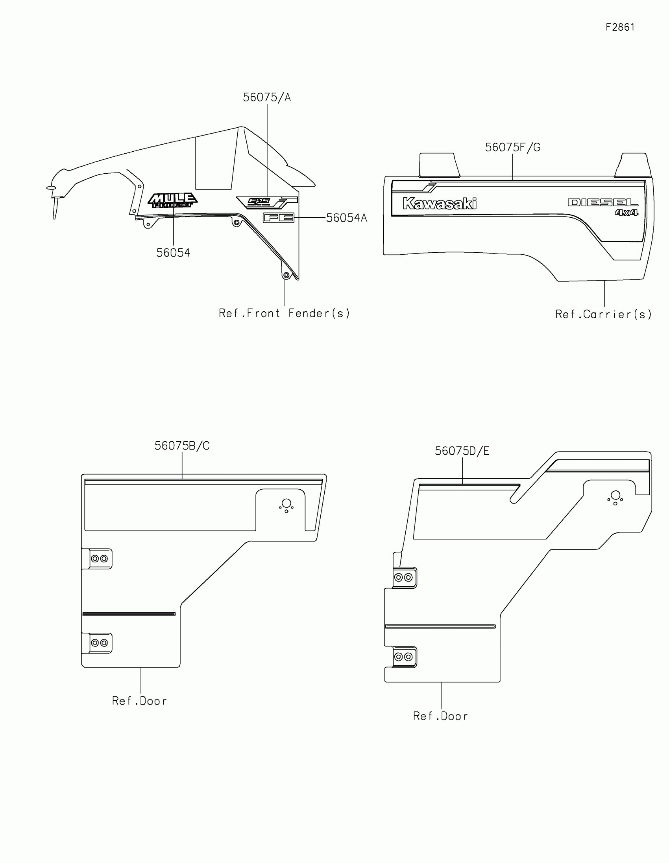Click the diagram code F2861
point(620,27)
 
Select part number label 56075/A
point(267,97)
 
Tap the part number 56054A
point(347,218)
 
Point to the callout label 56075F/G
point(513,148)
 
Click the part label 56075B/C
point(182,446)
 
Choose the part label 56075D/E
point(462,451)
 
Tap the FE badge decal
point(279,218)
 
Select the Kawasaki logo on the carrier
point(439,204)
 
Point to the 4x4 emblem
point(626,213)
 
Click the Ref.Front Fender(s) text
point(285,313)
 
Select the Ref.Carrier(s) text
point(603,314)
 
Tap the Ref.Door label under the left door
point(140,701)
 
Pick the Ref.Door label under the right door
point(440,716)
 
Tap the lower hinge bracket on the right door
point(404,657)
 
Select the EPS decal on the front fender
point(259,202)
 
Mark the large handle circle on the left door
point(286,503)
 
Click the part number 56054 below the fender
point(173,253)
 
